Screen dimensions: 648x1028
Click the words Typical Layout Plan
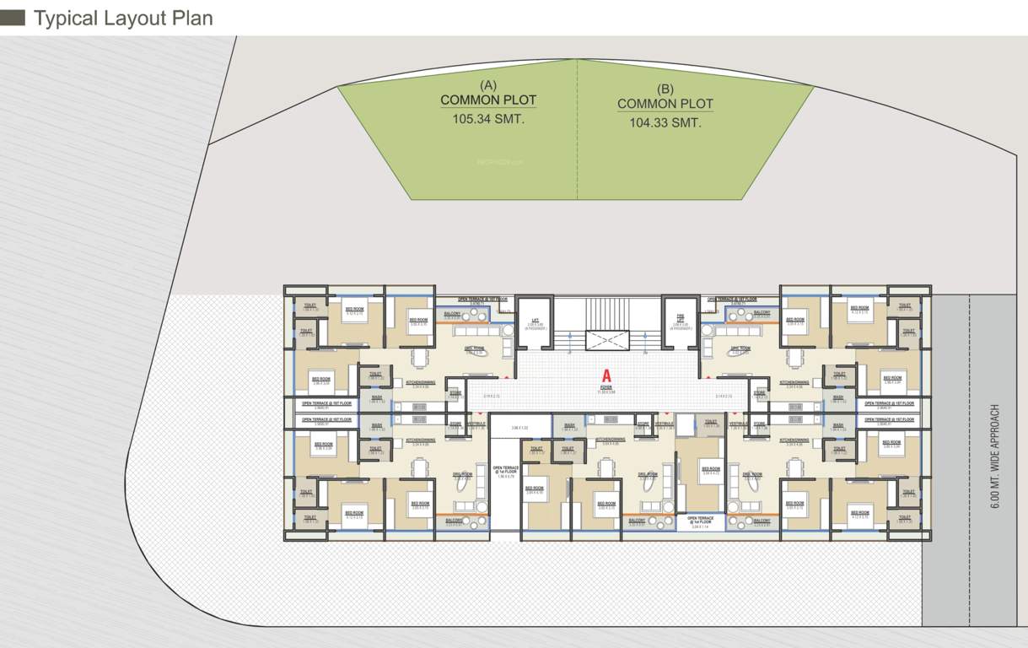(122, 18)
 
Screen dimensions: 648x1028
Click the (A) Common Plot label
(488, 93)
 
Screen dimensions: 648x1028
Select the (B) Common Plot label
(665, 97)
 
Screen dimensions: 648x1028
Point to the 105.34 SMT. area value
(488, 119)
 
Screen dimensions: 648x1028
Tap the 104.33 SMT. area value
(665, 122)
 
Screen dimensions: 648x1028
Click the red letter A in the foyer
(605, 375)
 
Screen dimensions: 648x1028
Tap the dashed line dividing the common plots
(578, 131)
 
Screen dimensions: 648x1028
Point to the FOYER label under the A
(606, 390)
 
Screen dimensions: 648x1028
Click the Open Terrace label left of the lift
(482, 299)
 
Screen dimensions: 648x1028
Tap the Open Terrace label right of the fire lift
(731, 299)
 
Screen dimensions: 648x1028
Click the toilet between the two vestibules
(710, 424)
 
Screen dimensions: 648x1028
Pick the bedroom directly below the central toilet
(711, 468)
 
